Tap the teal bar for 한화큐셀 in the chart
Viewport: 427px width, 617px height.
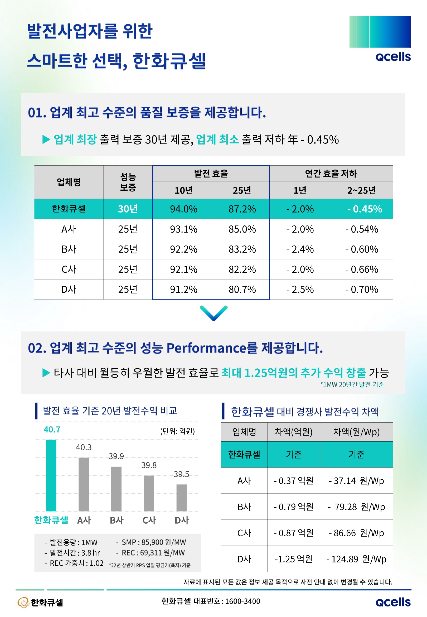51,475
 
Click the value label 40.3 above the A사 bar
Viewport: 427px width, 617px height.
84,447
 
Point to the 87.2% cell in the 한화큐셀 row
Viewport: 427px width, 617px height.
242,209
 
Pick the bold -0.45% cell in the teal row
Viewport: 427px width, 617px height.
364,209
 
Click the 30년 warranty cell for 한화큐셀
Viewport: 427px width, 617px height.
128,209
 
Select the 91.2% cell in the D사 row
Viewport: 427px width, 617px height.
183,289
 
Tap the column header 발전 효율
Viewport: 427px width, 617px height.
211,174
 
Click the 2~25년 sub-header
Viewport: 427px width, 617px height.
361,190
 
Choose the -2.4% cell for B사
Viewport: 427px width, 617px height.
300,249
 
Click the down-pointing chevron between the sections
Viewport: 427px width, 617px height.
213,313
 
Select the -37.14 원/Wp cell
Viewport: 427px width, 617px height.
356,480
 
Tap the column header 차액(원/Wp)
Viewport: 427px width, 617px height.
356,432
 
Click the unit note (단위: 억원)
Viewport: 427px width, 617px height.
177,431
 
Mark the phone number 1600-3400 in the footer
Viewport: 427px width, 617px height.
242,601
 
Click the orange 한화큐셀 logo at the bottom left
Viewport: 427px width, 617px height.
40,602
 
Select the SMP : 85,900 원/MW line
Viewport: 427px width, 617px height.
151,542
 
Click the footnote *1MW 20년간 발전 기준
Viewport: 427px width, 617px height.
352,384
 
